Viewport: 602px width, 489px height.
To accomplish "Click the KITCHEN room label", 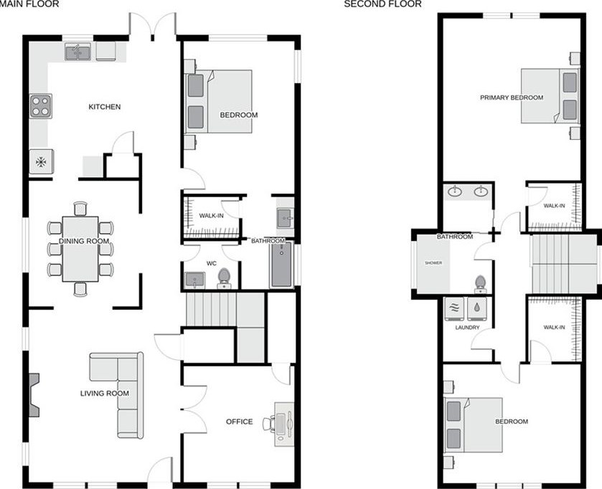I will [x=104, y=108].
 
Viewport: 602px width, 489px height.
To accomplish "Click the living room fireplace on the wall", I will [x=34, y=394].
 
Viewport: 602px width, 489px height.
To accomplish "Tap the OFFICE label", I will [x=239, y=422].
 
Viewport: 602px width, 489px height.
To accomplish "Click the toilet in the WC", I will [x=224, y=277].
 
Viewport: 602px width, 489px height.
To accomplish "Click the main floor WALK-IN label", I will [x=210, y=216].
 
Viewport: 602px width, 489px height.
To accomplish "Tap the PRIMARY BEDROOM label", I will [x=512, y=98].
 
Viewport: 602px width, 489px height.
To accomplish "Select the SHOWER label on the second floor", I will [x=433, y=263].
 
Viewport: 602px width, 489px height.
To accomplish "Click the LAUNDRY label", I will [x=466, y=328].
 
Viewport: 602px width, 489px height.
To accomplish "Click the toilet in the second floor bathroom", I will [x=479, y=284].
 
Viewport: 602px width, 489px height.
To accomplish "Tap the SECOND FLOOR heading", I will [x=382, y=4].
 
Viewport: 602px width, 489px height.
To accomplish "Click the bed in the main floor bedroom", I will [x=219, y=101].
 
